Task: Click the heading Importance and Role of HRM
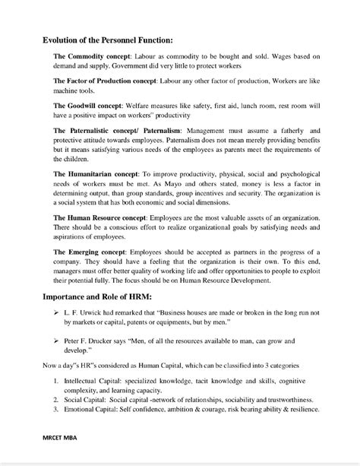(96, 298)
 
